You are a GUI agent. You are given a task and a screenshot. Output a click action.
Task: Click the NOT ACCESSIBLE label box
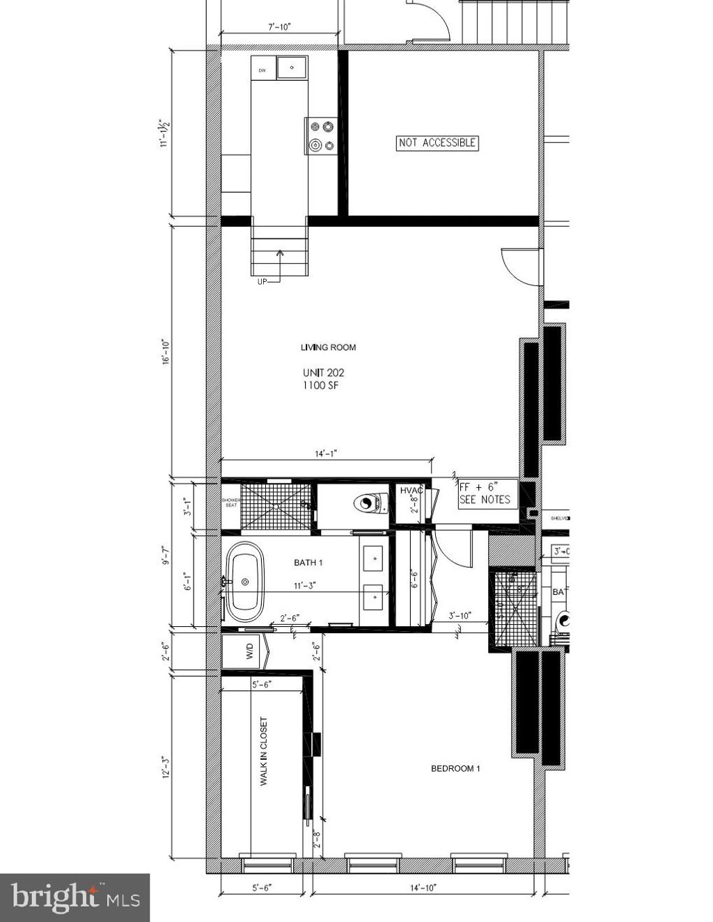click(x=437, y=143)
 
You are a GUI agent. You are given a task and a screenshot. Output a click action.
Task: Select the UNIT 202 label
click(x=323, y=373)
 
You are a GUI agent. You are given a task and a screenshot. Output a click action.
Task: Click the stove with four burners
click(x=321, y=136)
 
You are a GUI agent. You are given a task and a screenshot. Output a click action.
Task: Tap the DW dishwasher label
click(x=263, y=70)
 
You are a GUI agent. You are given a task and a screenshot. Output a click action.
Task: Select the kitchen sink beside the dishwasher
click(x=292, y=68)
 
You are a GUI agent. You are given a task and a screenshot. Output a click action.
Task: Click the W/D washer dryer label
click(x=249, y=652)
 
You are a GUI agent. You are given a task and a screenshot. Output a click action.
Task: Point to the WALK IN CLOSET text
click(x=264, y=752)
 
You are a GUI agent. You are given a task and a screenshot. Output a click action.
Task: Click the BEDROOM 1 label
click(x=455, y=768)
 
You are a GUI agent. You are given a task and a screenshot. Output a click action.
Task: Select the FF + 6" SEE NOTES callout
click(x=485, y=493)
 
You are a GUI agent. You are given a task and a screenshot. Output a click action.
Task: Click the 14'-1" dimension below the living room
click(x=326, y=454)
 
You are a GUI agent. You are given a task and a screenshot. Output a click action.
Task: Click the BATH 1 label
click(x=308, y=562)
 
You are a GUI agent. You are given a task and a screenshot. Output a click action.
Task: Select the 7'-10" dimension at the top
click(x=279, y=27)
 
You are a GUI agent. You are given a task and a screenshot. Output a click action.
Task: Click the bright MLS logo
click(x=75, y=898)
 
